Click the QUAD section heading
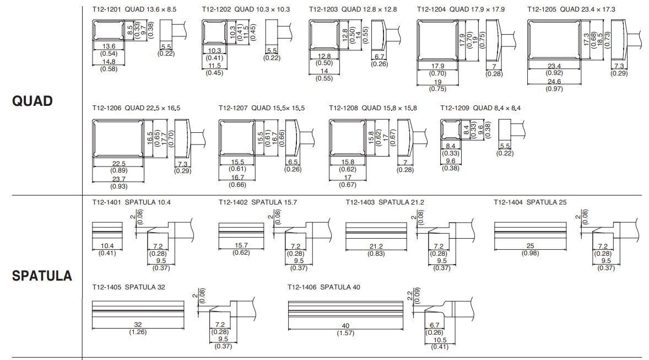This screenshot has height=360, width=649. click(33, 101)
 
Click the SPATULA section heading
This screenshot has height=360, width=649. click(42, 276)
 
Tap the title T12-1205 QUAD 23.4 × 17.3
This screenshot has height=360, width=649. click(571, 9)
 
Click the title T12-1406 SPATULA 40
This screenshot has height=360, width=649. click(324, 287)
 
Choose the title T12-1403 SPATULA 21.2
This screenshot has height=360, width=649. click(385, 202)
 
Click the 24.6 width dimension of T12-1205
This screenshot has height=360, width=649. click(554, 82)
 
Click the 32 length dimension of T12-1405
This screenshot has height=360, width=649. click(138, 325)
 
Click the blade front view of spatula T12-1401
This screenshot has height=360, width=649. click(107, 228)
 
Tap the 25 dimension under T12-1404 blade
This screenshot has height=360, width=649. click(530, 246)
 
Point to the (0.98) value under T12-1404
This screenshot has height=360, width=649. click(530, 252)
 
